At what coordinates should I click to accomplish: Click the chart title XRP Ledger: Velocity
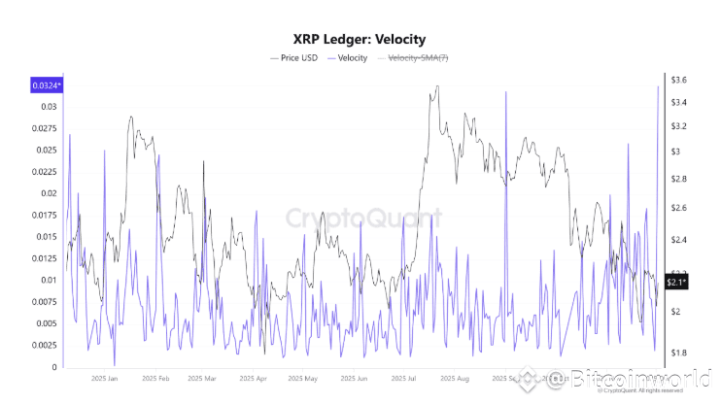(360, 40)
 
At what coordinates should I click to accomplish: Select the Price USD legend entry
(296, 59)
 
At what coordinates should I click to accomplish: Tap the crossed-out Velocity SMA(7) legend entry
(418, 59)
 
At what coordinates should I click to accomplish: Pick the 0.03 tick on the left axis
(48, 106)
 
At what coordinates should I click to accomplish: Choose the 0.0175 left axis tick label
(44, 215)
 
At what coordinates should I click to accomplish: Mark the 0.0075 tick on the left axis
(44, 302)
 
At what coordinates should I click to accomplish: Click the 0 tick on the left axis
(54, 367)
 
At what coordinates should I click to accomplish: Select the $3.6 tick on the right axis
(678, 79)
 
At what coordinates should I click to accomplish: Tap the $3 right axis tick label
(675, 151)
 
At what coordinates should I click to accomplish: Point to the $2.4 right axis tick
(677, 240)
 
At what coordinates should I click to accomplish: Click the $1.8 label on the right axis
(677, 353)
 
